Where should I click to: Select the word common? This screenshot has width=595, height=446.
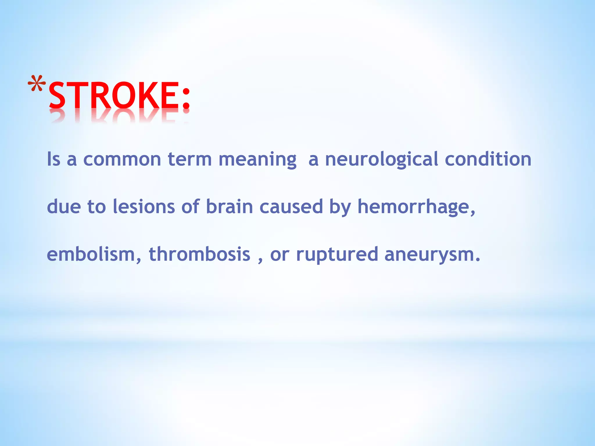(122, 159)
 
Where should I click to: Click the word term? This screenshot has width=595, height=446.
(190, 159)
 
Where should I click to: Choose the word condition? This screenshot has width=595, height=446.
(488, 159)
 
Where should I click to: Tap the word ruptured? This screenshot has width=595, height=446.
(337, 255)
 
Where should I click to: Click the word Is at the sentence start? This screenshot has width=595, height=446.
(54, 159)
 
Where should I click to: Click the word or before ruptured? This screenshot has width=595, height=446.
(279, 255)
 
